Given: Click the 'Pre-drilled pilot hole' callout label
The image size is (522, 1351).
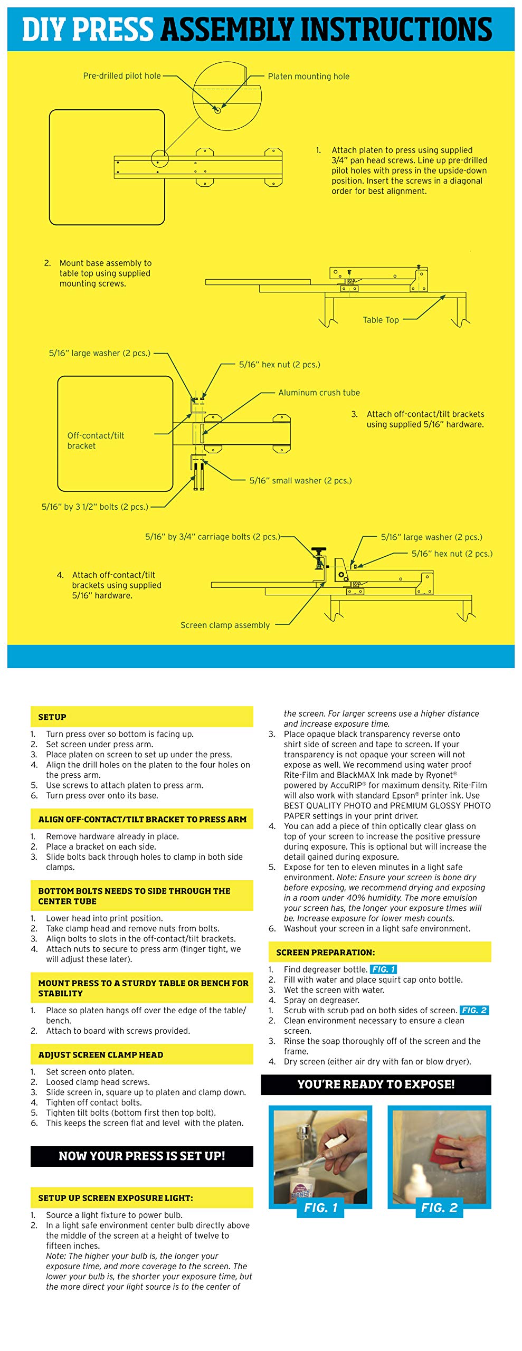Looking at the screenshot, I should click(x=122, y=76).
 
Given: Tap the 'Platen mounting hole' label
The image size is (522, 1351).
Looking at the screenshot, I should click(x=308, y=77).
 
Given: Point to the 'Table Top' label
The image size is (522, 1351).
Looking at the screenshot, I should click(x=381, y=320).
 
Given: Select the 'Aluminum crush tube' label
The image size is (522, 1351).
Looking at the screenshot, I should click(x=319, y=393).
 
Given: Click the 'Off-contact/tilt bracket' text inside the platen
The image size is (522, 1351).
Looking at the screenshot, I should click(x=96, y=440).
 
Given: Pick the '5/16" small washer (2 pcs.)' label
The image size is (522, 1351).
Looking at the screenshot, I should click(x=300, y=481).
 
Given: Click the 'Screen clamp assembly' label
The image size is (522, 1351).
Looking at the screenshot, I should click(x=225, y=625).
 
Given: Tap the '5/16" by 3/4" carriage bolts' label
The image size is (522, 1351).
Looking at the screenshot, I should click(x=212, y=537).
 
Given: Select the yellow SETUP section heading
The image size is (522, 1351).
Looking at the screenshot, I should click(x=52, y=717).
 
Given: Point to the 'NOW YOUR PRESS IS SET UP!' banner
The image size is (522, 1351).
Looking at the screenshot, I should click(x=141, y=1156).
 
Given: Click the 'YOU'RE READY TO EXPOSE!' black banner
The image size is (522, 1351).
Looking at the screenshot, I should click(x=376, y=1084).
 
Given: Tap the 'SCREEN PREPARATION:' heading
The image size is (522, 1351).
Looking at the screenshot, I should click(x=325, y=953).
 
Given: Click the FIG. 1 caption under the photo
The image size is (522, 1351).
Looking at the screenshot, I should click(x=320, y=1208).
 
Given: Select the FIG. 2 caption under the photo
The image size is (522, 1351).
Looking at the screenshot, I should click(x=439, y=1208).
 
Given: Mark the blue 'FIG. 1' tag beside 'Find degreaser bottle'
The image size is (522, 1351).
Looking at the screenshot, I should click(x=383, y=969).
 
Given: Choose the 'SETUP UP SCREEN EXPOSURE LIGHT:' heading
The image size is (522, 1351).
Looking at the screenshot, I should click(x=115, y=1198).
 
